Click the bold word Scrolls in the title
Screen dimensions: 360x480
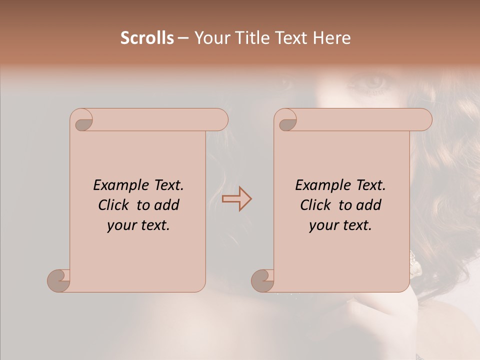[147, 38]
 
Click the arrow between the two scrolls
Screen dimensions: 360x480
[236, 198]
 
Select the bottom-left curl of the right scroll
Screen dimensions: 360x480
[262, 280]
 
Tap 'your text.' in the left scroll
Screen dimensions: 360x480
[138, 225]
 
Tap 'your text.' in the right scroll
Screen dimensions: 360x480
[340, 225]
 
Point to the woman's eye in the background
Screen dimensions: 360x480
[372, 82]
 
